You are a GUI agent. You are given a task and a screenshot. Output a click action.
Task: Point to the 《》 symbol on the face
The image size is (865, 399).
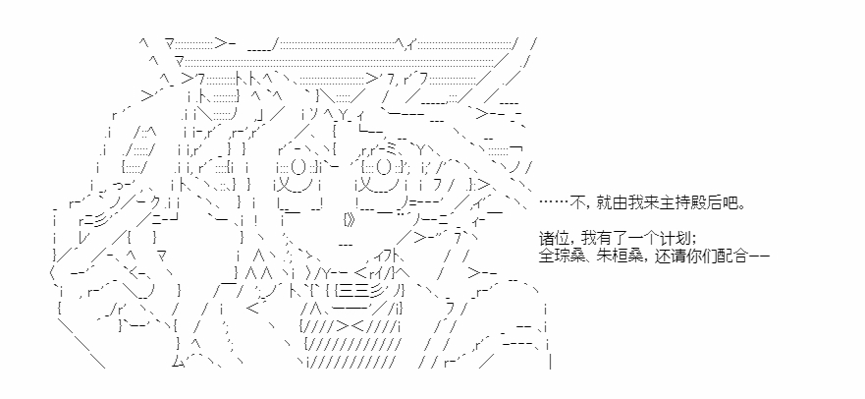click(x=350, y=219)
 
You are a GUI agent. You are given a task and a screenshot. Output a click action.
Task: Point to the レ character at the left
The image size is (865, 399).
click(x=82, y=239)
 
